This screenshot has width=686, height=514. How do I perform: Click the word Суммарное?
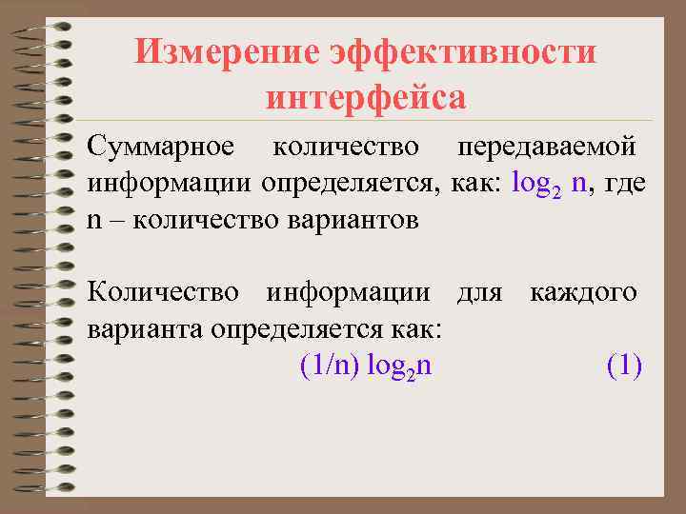[x=160, y=148]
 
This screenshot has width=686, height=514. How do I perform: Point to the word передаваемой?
[x=547, y=148]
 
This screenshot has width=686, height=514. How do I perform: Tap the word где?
[x=626, y=183]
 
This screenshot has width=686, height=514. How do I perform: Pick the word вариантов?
[x=358, y=220]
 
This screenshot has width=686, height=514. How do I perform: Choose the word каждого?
[x=584, y=292]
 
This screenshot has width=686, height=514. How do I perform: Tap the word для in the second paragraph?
[x=479, y=292]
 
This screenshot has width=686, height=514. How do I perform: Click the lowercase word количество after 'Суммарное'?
[x=345, y=148]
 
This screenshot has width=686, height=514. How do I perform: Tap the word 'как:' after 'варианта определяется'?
[x=414, y=328]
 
